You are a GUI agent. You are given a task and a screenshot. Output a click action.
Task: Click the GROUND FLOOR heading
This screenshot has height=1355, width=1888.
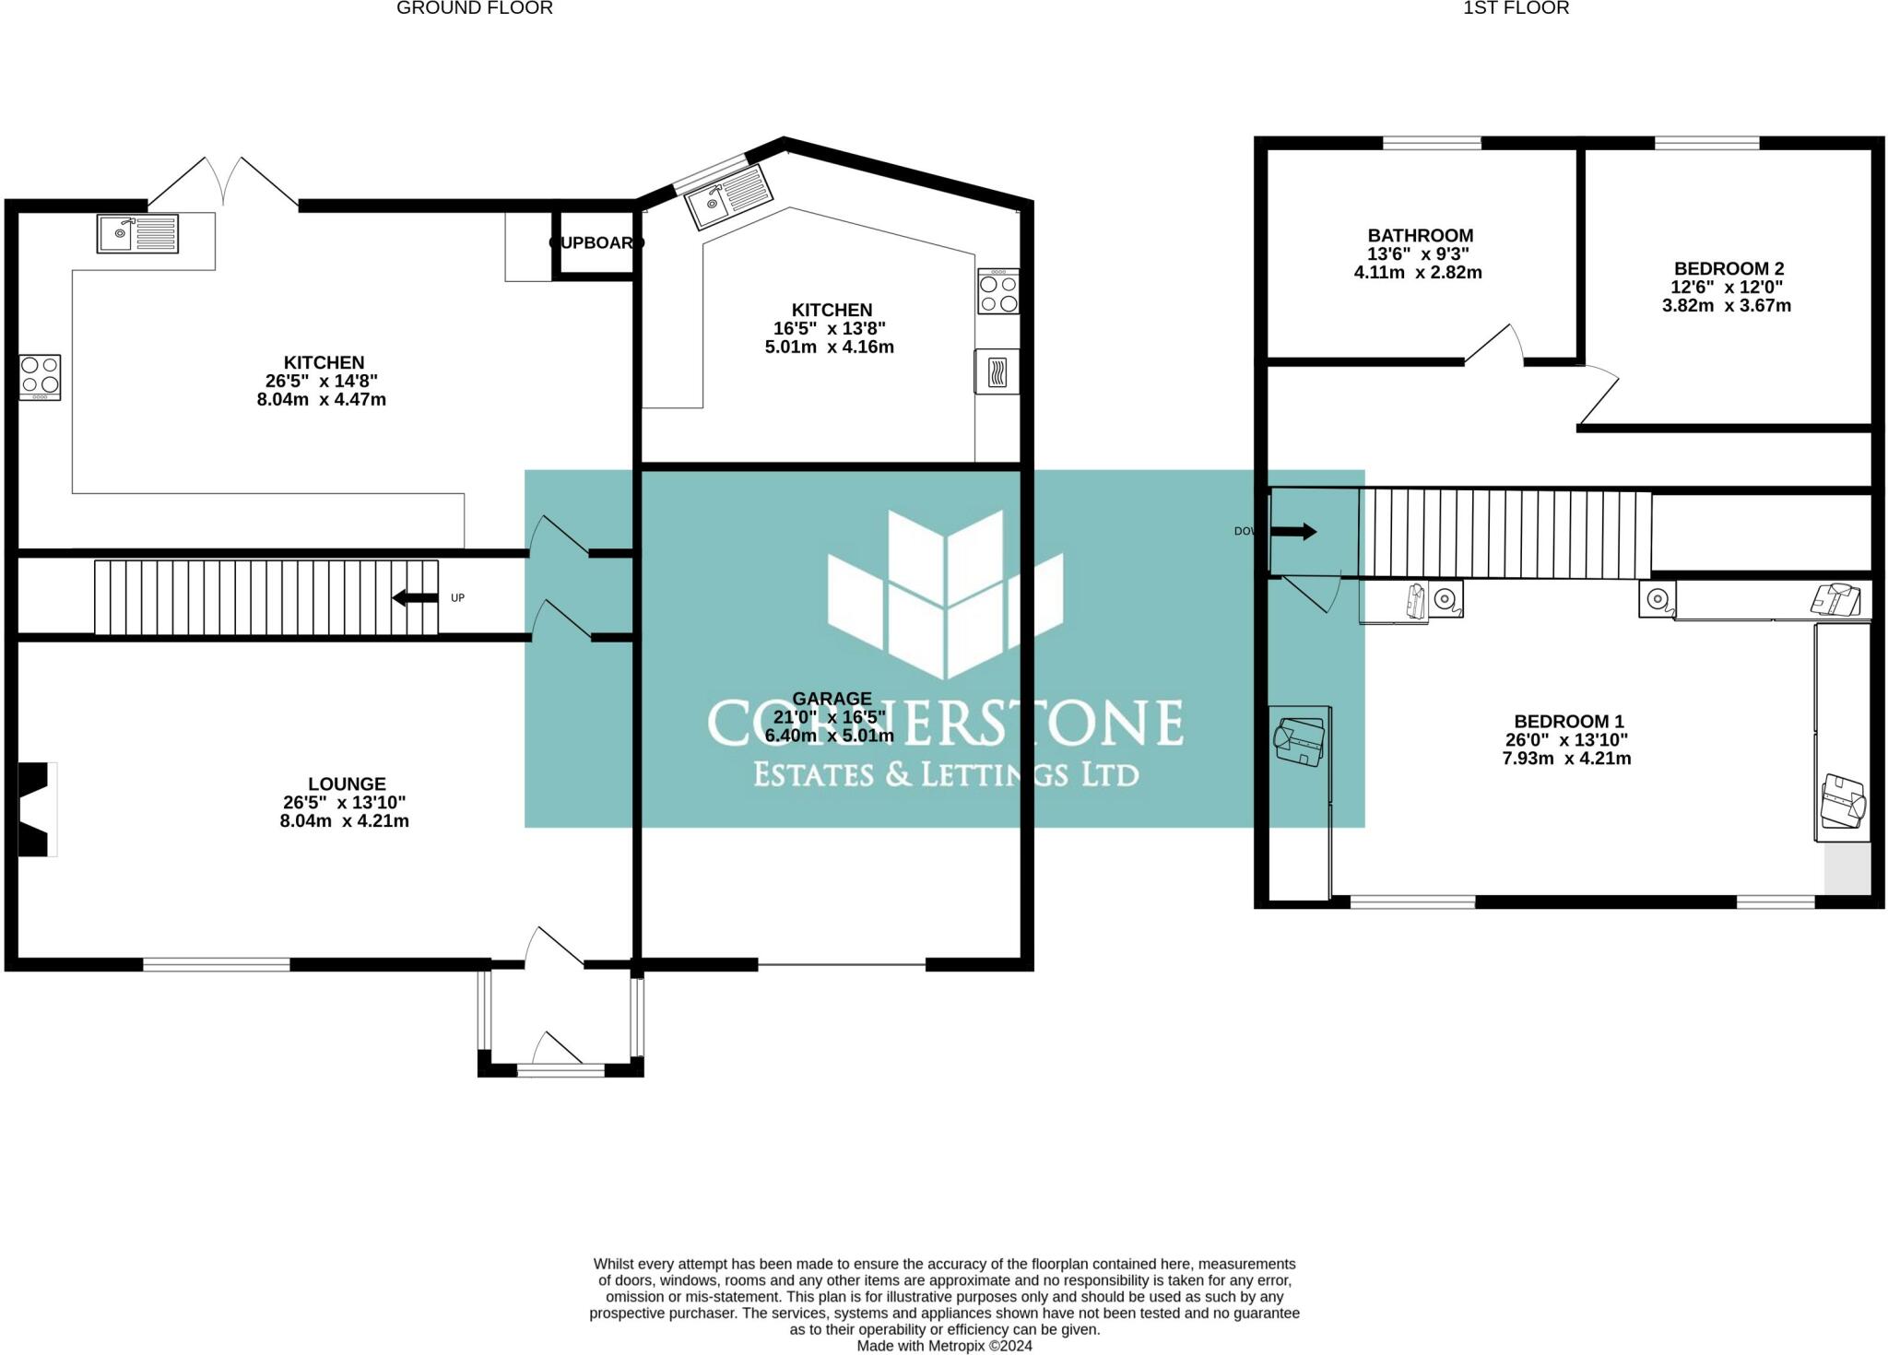(474, 8)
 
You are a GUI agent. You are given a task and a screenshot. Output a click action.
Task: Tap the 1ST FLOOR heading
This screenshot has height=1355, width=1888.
(1516, 8)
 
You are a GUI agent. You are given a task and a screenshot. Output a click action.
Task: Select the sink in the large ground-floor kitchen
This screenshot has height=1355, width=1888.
(137, 233)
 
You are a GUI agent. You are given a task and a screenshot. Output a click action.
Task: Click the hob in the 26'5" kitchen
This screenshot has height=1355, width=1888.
(40, 377)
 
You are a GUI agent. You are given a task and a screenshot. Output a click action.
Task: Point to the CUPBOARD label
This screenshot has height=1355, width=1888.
(596, 243)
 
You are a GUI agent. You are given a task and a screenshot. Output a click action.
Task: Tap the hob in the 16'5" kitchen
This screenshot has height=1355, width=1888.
(998, 291)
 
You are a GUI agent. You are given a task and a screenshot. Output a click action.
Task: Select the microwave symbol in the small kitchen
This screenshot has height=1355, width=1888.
(997, 372)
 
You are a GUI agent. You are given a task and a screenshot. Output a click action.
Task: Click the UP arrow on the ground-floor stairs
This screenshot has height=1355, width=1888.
(416, 598)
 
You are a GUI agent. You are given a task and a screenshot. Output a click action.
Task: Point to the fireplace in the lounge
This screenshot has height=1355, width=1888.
(37, 809)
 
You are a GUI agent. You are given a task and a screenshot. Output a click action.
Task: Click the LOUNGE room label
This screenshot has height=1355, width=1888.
(347, 784)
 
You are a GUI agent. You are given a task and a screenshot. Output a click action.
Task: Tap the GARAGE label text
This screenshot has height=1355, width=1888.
(832, 699)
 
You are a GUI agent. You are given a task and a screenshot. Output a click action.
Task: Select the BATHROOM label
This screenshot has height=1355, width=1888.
(1420, 236)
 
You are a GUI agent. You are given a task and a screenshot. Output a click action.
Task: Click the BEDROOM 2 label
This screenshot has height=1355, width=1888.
(1729, 269)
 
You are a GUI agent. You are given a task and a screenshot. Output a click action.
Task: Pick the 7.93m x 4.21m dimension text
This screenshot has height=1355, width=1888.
(1566, 759)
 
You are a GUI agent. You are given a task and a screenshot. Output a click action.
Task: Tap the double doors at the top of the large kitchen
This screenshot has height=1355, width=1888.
(223, 182)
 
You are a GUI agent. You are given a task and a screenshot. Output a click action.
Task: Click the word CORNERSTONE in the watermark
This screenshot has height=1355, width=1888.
(945, 723)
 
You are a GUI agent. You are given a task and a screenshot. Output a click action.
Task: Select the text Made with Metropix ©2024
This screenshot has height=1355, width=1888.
(944, 1346)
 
